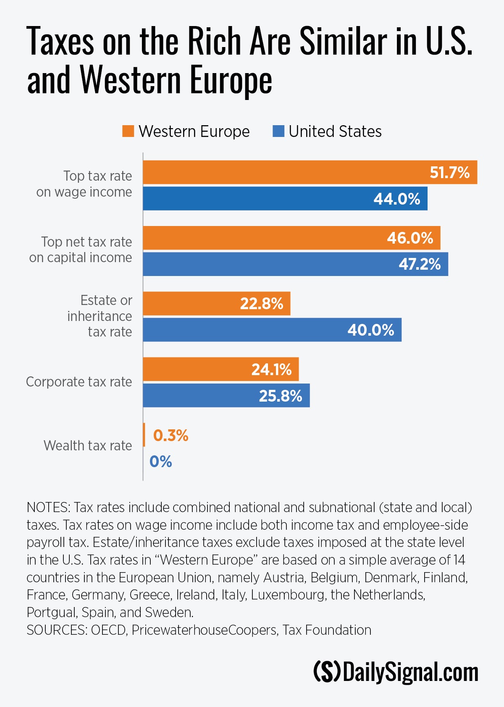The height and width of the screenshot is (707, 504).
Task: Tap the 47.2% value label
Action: tap(419, 264)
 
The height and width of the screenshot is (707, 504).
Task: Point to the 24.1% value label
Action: tap(271, 370)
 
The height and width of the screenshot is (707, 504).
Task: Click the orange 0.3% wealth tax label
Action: tap(171, 436)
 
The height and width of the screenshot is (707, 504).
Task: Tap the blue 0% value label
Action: tap(160, 462)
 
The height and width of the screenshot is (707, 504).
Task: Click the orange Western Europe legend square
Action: tap(128, 131)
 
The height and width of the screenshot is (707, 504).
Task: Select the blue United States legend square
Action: tap(278, 131)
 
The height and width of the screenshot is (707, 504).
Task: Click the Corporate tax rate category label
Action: tap(79, 382)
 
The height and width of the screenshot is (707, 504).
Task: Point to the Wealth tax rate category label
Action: tap(88, 446)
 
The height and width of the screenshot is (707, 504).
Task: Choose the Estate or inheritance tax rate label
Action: tap(100, 316)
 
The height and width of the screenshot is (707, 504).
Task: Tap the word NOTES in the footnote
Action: tap(47, 507)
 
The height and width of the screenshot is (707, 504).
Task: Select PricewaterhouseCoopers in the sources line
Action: tap(204, 630)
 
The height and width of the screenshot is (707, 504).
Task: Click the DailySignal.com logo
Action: tap(396, 672)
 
